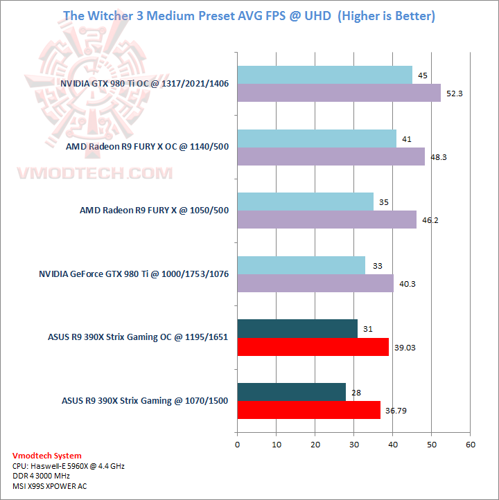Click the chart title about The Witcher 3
point(249,15)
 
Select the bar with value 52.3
point(339,93)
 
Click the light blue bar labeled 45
point(324,75)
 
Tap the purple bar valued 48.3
point(331,157)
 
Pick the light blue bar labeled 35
point(305,202)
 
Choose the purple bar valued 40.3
point(315,283)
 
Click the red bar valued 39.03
point(313,347)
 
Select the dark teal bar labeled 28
point(291,393)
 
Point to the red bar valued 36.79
point(308,410)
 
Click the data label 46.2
point(430,220)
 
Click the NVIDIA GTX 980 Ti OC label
point(144,84)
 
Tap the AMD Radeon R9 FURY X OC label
point(147,147)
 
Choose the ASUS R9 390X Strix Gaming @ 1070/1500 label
point(145,401)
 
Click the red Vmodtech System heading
point(46,456)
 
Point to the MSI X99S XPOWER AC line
point(50,485)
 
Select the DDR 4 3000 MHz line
point(41,476)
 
